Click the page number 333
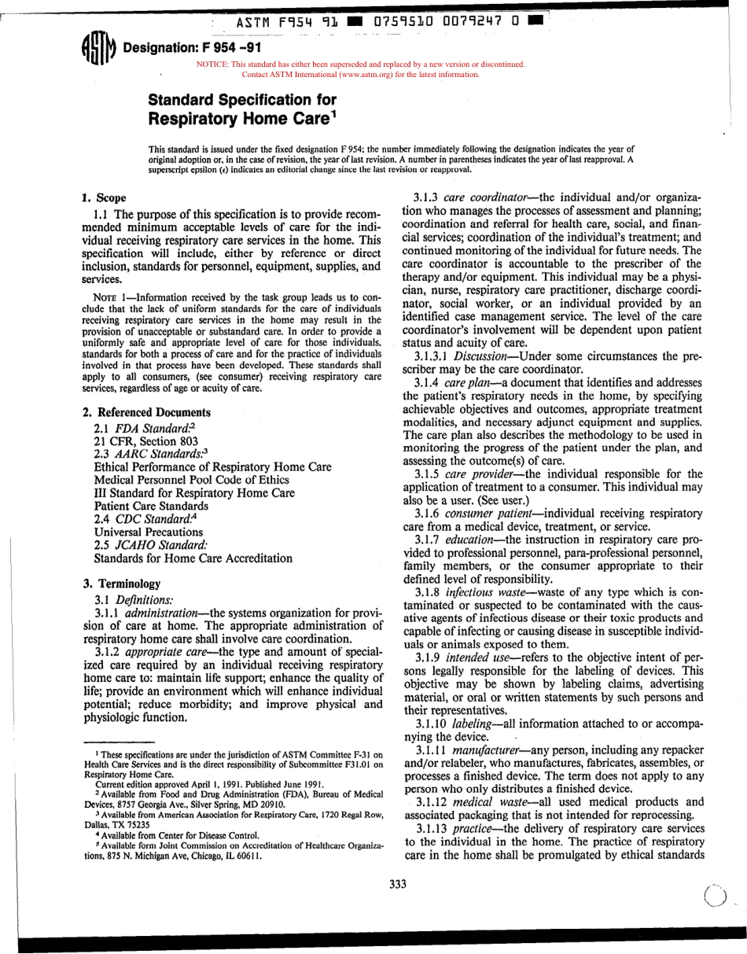tap(398, 884)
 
